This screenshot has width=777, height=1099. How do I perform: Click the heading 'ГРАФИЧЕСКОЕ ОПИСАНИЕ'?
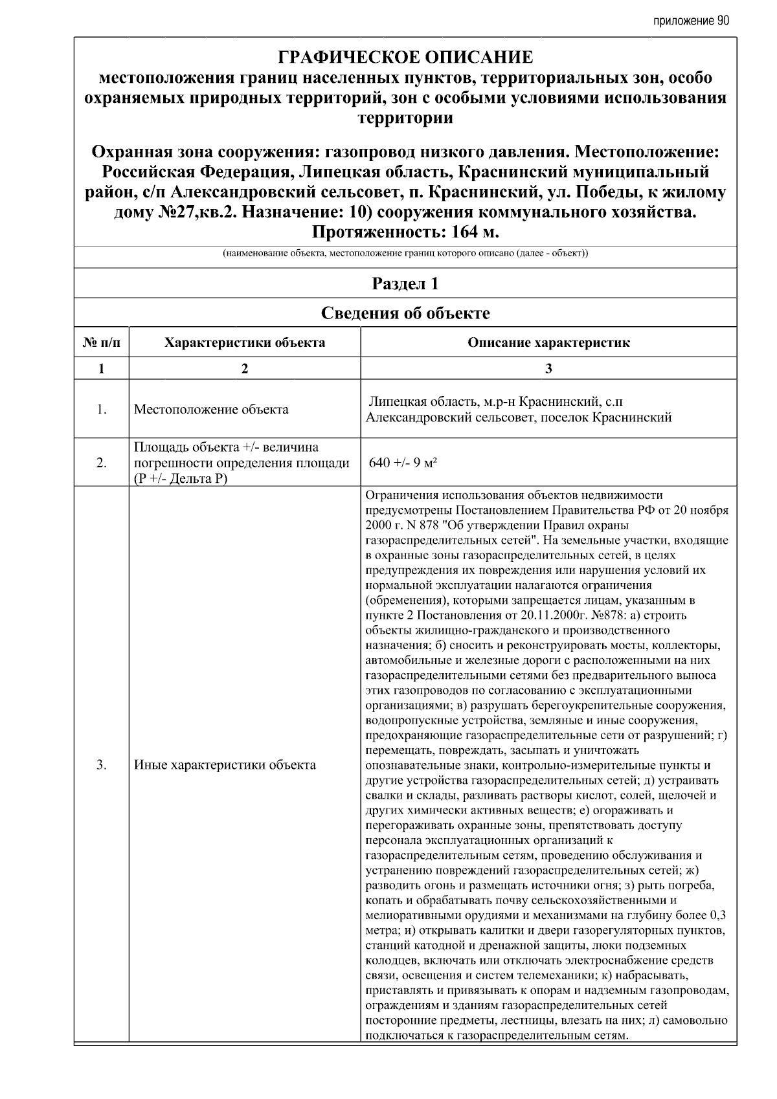[405, 58]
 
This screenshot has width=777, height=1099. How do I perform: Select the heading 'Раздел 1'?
[405, 283]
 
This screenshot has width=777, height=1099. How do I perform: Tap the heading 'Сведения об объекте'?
[405, 313]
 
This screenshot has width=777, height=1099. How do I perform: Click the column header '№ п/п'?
[102, 342]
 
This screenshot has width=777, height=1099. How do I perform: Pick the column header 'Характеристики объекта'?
[245, 342]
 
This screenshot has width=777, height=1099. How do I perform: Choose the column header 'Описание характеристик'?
[548, 342]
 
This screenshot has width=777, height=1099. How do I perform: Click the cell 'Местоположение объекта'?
[211, 410]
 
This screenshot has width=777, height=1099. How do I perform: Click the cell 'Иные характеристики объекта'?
[225, 765]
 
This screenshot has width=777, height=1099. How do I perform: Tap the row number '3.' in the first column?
[102, 765]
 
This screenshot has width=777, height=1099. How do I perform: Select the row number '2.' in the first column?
[102, 463]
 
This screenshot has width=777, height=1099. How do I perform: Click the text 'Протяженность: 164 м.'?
[405, 232]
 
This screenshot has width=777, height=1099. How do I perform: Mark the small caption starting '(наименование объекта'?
[405, 254]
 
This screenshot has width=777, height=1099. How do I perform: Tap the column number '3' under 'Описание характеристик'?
[548, 368]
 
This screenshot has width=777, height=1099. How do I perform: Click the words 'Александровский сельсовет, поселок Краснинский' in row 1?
[519, 417]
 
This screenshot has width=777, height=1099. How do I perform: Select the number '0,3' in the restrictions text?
[717, 915]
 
